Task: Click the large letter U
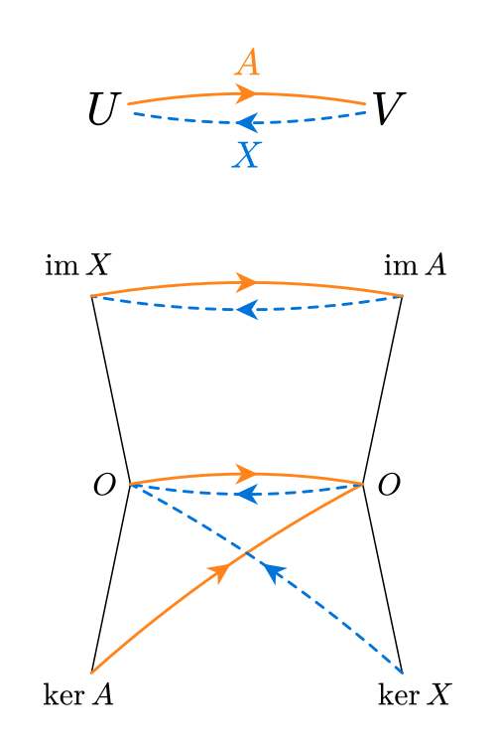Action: click(102, 109)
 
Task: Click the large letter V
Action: click(388, 108)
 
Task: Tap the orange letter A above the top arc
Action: click(247, 63)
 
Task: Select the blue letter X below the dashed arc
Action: click(246, 155)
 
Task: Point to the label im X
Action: click(77, 264)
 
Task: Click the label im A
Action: click(415, 264)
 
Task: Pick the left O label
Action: click(104, 485)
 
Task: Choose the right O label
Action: click(389, 485)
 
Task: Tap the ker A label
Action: click(78, 694)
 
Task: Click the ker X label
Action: click(415, 694)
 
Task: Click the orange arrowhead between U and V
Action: click(247, 93)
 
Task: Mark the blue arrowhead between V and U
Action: click(247, 122)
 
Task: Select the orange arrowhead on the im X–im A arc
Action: click(247, 282)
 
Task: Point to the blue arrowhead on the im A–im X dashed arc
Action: click(247, 310)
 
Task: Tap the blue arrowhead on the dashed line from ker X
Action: click(273, 572)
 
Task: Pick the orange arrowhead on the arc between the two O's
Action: click(247, 473)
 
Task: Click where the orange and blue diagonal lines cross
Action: click(246, 553)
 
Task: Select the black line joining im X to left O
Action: click(110, 390)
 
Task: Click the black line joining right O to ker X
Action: click(383, 579)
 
